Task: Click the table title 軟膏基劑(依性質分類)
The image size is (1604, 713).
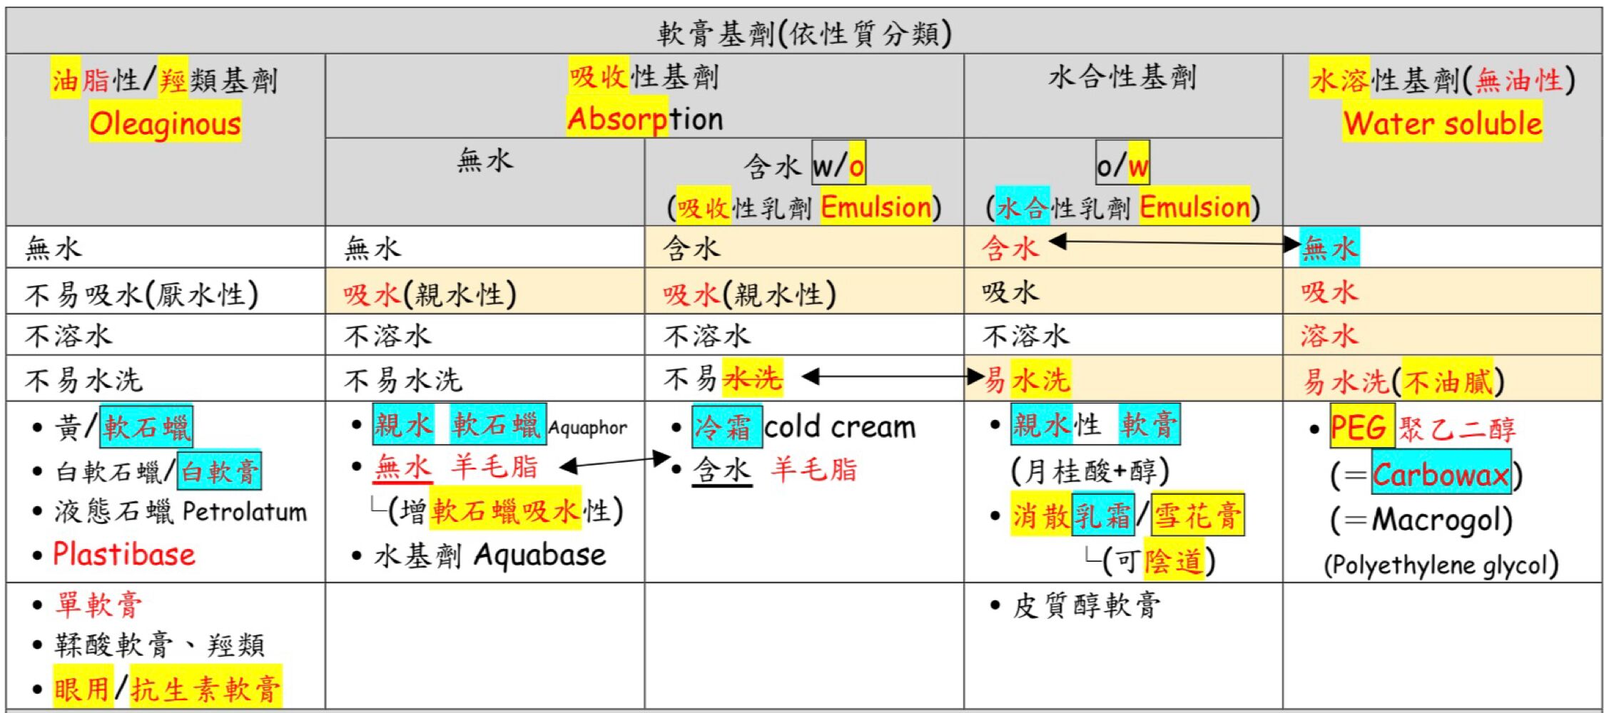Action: pos(804,33)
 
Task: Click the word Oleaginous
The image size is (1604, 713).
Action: pos(166,123)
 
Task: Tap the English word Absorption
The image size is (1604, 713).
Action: pos(645,118)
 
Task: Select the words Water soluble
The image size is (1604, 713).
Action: pos(1442,123)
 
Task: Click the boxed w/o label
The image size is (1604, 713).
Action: pos(838,164)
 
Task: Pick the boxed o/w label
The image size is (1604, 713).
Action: pos(1122,164)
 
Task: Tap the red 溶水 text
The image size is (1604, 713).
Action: pos(1329,335)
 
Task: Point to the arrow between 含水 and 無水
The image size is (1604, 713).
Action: pos(1174,243)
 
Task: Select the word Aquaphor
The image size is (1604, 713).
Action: pos(587,428)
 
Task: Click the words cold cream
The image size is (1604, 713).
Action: pos(840,427)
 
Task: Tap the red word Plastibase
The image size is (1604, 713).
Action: pos(124,554)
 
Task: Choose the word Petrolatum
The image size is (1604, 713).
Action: pos(245,511)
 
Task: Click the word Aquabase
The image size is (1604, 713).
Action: pos(540,555)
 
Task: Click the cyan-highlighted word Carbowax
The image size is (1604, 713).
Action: pos(1441,474)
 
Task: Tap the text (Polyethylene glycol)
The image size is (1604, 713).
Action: pos(1441,565)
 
